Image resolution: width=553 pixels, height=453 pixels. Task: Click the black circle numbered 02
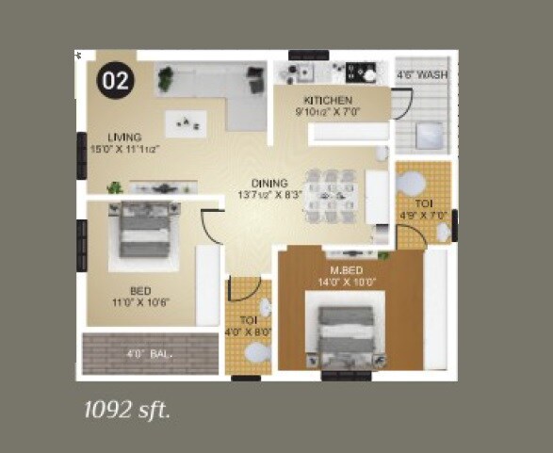[x=114, y=81]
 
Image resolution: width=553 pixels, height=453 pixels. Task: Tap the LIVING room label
[x=124, y=137]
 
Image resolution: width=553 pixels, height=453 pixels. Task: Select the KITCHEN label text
[x=328, y=101]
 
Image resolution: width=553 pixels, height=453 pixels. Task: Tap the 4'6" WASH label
[x=421, y=73]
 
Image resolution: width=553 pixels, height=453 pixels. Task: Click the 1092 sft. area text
[x=127, y=410]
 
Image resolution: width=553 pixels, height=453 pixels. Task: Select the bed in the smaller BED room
[x=146, y=231]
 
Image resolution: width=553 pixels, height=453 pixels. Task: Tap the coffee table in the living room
[x=185, y=121]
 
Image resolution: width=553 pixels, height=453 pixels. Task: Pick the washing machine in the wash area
[x=430, y=135]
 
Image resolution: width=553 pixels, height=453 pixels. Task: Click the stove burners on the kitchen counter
[x=360, y=70]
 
